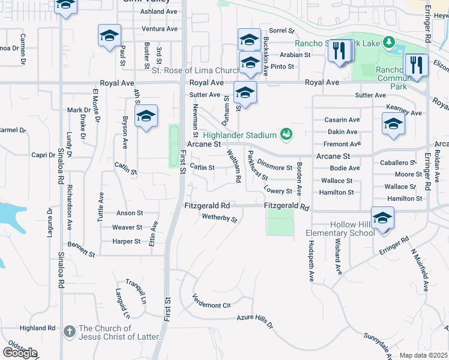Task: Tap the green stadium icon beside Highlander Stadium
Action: tap(286, 134)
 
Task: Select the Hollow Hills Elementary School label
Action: tap(340, 229)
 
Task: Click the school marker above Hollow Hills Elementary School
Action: tap(382, 219)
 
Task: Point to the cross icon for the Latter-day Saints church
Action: tap(70, 331)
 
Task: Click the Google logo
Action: tap(20, 352)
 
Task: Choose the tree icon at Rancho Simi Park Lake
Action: tap(388, 43)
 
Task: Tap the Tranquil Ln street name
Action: tap(136, 290)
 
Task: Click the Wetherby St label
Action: tap(220, 218)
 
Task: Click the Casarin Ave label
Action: tap(342, 120)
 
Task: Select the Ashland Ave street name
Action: tap(158, 11)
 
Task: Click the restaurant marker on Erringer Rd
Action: tap(415, 65)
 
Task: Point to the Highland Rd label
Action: tap(37, 328)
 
